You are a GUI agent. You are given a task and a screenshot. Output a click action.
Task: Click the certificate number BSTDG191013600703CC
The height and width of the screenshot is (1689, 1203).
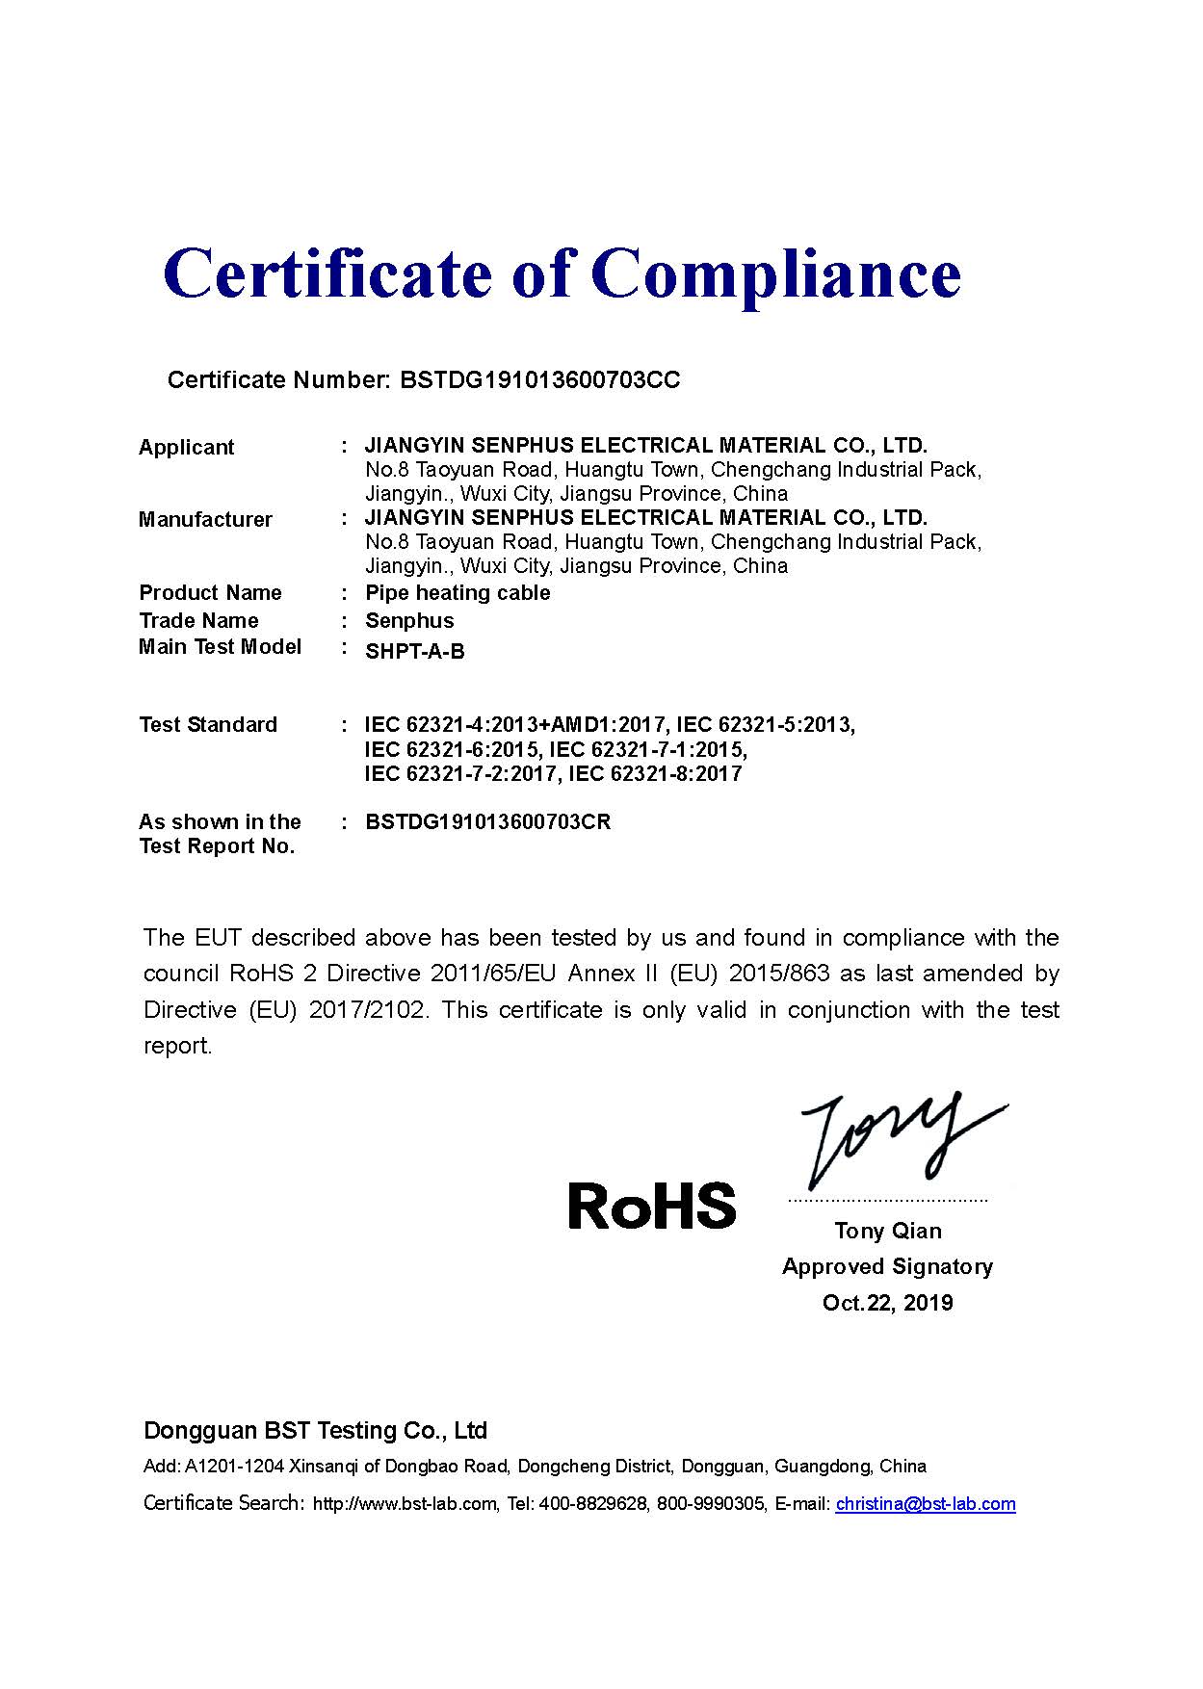click(x=539, y=380)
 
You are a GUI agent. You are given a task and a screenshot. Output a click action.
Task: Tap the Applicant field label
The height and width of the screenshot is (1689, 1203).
click(x=186, y=448)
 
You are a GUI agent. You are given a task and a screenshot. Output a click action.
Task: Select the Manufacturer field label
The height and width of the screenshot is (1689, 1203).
click(x=205, y=520)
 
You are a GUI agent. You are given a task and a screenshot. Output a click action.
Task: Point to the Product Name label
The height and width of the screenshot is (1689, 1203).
click(x=210, y=593)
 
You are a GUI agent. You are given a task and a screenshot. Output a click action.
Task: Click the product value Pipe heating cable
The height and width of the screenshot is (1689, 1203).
click(x=458, y=593)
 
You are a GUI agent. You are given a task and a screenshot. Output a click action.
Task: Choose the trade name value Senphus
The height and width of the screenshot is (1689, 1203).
click(x=409, y=621)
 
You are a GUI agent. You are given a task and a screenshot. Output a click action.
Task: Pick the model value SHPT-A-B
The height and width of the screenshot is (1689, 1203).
click(x=414, y=652)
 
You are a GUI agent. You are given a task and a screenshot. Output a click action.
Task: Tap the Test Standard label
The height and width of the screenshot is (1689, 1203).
click(x=207, y=725)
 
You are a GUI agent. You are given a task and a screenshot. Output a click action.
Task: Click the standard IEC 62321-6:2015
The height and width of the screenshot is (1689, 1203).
click(x=454, y=749)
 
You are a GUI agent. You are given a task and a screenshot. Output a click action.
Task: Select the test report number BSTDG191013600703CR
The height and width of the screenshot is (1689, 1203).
click(x=487, y=822)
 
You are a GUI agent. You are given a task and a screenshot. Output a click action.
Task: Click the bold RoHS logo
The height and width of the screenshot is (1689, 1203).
click(x=652, y=1206)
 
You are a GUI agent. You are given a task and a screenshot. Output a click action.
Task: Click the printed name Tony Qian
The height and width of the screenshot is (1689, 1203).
click(x=888, y=1231)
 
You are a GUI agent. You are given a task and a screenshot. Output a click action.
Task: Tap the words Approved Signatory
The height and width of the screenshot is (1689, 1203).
click(x=887, y=1267)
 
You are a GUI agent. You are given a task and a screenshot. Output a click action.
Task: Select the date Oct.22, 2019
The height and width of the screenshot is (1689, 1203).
click(x=887, y=1303)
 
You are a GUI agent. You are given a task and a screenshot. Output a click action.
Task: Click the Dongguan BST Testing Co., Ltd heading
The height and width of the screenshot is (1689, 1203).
click(x=315, y=1431)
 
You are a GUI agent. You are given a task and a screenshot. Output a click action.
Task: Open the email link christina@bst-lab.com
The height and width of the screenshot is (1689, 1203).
click(x=925, y=1504)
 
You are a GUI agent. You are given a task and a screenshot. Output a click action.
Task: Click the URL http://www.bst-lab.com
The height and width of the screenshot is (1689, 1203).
click(x=405, y=1504)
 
